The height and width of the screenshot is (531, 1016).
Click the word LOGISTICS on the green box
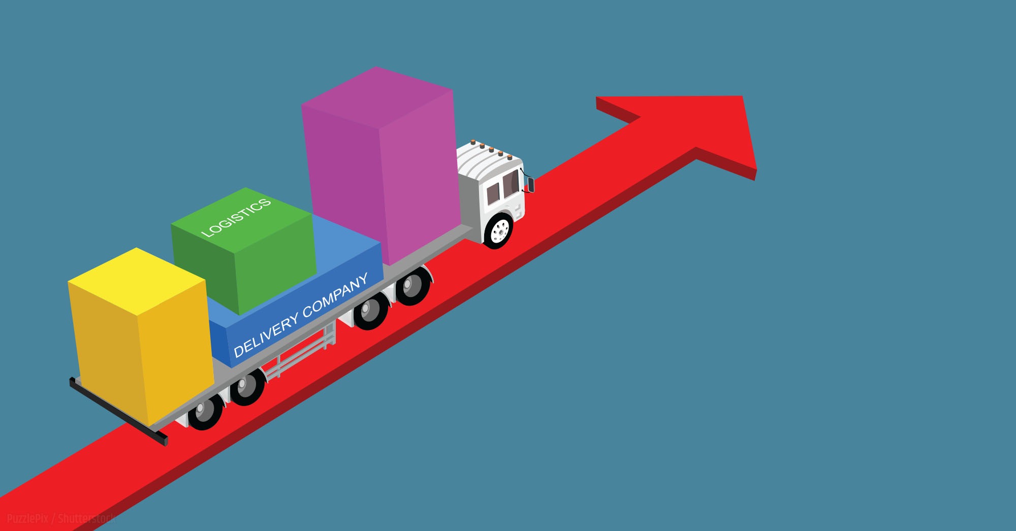[236, 218]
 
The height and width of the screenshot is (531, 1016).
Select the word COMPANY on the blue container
[335, 296]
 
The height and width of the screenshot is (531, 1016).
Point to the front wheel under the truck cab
[499, 231]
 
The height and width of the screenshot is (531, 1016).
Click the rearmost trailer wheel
[205, 411]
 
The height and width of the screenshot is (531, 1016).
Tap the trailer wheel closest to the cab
[412, 287]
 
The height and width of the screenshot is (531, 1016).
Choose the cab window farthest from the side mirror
[493, 193]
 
